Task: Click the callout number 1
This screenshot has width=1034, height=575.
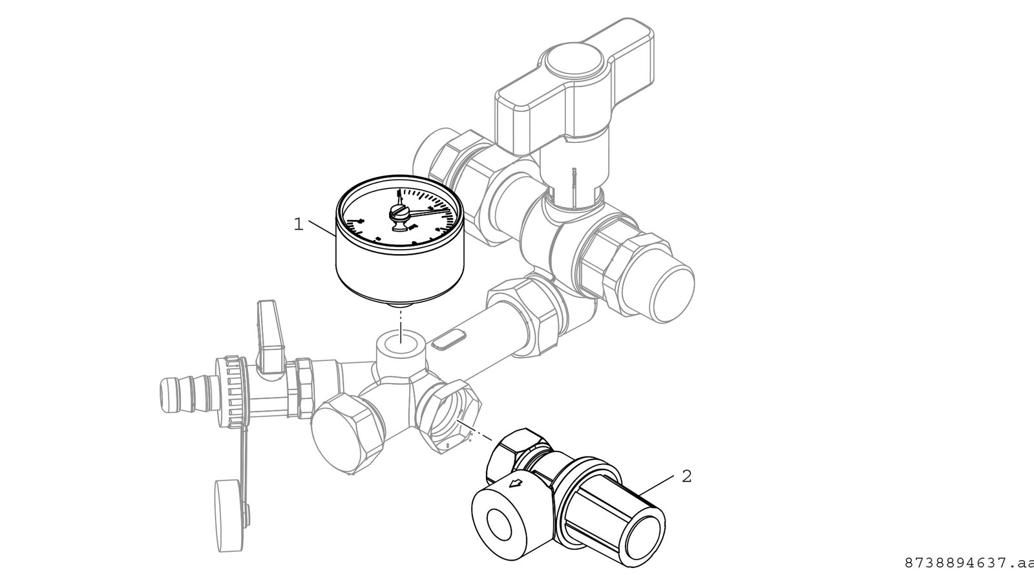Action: (x=299, y=224)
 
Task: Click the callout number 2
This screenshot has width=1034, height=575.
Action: (x=687, y=476)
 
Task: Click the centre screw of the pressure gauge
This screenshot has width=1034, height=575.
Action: (x=399, y=213)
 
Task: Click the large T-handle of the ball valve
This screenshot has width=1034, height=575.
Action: (x=575, y=88)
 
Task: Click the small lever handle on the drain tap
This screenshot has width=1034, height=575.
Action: (x=269, y=335)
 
